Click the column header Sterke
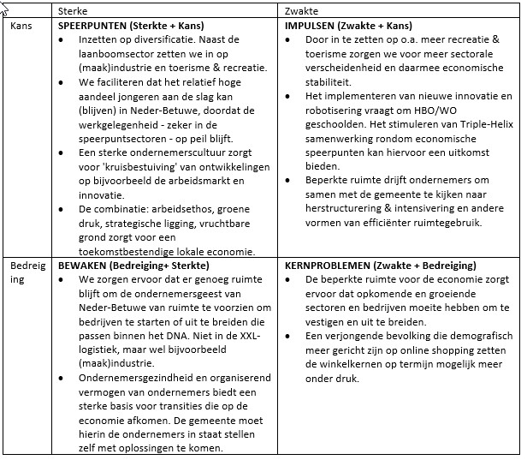click(72, 9)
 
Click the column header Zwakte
click(300, 9)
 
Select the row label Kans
click(21, 26)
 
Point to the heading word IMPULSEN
click(311, 26)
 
